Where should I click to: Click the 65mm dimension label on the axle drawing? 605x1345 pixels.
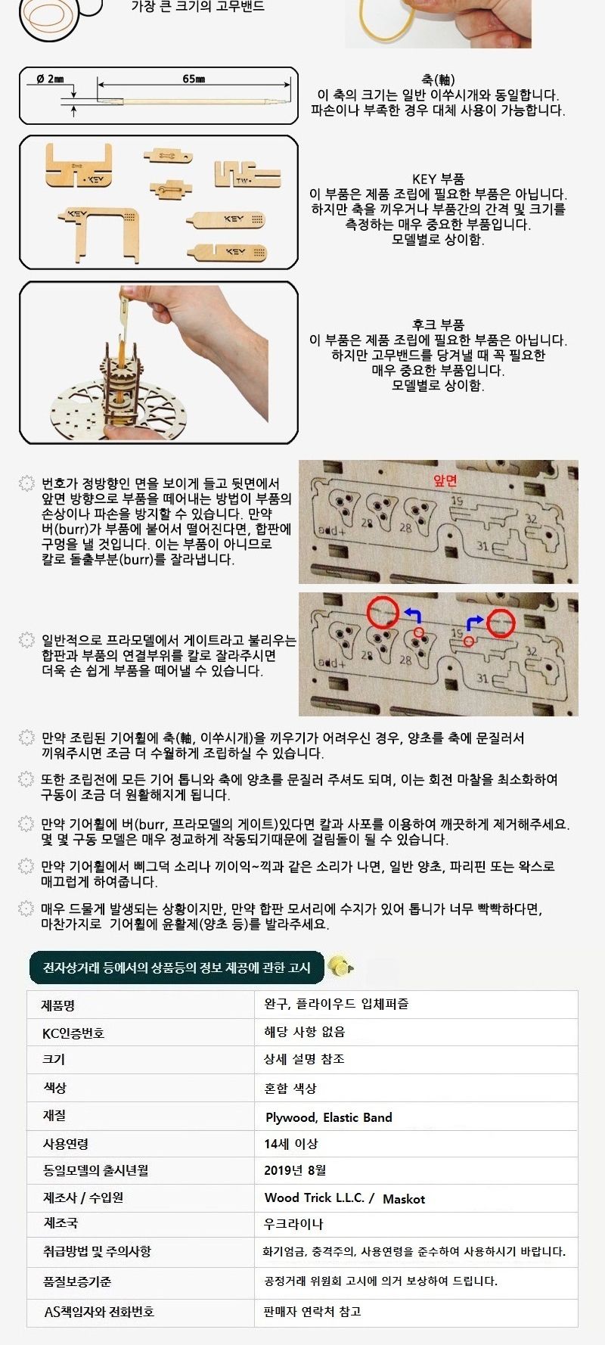[194, 79]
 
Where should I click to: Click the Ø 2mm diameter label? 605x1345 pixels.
[51, 79]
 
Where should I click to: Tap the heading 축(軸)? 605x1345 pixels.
[438, 79]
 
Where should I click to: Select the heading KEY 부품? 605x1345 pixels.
[438, 179]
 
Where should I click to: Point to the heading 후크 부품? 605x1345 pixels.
[439, 325]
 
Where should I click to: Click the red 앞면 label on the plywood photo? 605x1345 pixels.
[445, 480]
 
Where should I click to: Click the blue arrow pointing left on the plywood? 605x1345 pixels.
[412, 614]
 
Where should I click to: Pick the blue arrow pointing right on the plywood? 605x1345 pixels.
[474, 622]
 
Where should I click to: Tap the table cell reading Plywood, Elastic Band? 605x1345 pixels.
[329, 1117]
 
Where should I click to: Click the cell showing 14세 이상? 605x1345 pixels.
[290, 1144]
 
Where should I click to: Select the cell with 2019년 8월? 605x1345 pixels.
[295, 1170]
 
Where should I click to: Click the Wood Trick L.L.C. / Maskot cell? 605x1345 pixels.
[345, 1198]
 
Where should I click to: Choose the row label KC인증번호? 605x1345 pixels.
[73, 1033]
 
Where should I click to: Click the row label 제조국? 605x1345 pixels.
[60, 1223]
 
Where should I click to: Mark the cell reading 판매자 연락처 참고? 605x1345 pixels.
[312, 1312]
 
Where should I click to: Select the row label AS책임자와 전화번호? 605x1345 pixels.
[99, 1312]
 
